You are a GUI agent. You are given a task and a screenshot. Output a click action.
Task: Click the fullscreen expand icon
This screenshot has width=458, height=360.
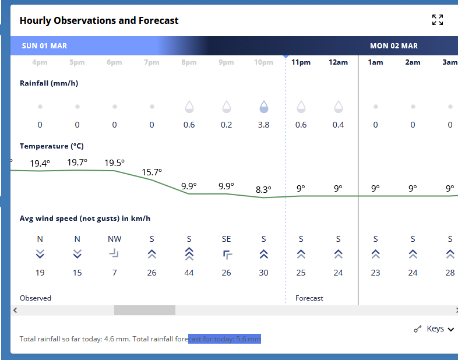pos(438,20)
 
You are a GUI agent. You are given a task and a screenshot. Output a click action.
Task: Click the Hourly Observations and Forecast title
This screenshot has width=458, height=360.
pos(99,20)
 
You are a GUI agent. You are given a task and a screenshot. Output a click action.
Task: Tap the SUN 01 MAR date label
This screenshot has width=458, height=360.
pos(45,46)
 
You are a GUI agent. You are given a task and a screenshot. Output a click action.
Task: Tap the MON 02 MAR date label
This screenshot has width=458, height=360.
pos(394,46)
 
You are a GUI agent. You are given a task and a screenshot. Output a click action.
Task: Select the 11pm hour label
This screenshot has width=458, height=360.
pos(301,62)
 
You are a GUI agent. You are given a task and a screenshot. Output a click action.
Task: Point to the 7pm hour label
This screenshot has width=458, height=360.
pos(152,62)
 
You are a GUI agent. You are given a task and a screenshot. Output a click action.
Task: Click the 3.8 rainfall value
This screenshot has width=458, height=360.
pos(263,125)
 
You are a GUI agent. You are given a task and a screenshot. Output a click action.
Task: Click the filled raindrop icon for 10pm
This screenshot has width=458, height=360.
pos(263,107)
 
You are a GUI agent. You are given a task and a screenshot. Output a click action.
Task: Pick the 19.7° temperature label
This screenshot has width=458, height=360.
pos(77,163)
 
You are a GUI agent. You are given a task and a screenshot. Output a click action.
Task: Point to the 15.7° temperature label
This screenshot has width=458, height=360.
pos(152,172)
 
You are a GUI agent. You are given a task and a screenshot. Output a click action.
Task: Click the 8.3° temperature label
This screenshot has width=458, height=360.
pos(263,189)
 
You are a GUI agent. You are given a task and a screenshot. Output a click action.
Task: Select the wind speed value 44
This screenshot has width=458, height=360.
pos(189,273)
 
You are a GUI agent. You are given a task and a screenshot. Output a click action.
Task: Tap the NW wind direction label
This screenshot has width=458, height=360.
pos(114,239)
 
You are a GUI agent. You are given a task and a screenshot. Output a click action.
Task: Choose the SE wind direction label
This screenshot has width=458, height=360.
pos(226,239)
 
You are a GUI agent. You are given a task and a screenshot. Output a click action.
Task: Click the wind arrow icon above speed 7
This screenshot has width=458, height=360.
pos(114,253)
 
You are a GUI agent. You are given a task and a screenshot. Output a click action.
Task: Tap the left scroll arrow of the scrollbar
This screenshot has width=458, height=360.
pos(15,310)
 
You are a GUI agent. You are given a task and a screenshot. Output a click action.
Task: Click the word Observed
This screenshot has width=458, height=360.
pos(36,298)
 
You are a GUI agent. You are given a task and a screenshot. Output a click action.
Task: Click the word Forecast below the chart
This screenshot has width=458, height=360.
pos(309,298)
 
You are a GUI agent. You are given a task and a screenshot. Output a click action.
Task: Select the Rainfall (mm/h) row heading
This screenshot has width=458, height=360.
pos(49,83)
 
